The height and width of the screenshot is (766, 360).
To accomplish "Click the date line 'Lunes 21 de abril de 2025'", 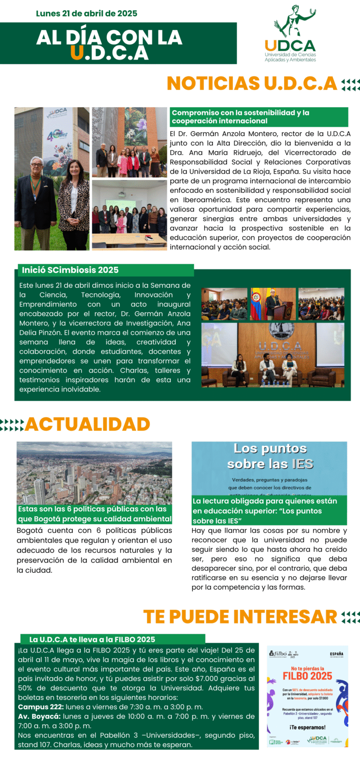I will pos(86,14).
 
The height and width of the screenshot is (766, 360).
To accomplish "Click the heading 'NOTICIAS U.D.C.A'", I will pos(252,83).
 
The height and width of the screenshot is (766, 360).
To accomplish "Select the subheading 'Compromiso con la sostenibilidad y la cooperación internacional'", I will pos(240,117).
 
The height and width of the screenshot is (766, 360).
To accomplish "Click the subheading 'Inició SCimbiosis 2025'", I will pos(70,270).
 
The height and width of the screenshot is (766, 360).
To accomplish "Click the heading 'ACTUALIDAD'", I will pos(88,424).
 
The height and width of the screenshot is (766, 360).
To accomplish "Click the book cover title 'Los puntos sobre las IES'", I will pos(270,456).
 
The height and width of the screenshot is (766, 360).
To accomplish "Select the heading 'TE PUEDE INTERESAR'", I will pos(240,617).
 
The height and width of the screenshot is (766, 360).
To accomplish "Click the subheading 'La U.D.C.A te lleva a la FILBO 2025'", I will pos(92,639).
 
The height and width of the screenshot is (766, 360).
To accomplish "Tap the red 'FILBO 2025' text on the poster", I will pos(307,676).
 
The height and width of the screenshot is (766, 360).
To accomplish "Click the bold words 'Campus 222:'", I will pos(40,707).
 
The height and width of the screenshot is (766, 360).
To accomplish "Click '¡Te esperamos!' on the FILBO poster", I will pos(307,727).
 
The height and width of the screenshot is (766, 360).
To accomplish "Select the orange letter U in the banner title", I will pos(77,53).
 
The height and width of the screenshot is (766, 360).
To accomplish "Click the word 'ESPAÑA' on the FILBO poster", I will pos(337,654).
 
